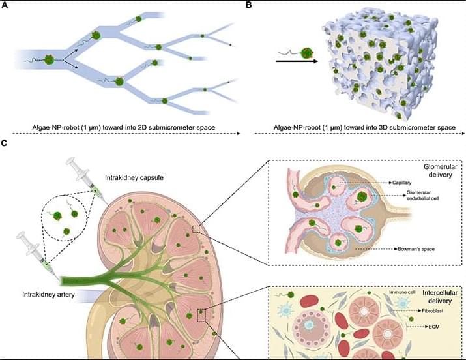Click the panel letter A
coord(5,5)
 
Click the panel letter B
coord(249,5)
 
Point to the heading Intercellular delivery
coord(426,299)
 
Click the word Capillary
coord(403,184)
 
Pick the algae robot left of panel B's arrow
coord(304,50)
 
